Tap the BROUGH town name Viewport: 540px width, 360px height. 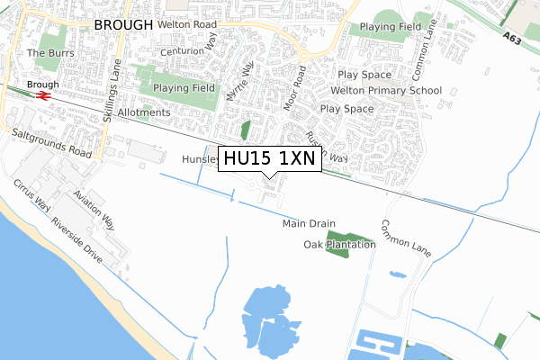[x=123, y=25]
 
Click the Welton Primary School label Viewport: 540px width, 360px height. [x=390, y=90]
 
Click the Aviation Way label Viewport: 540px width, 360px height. [x=94, y=210]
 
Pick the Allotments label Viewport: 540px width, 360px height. [x=143, y=112]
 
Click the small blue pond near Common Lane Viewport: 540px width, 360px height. [x=397, y=274]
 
